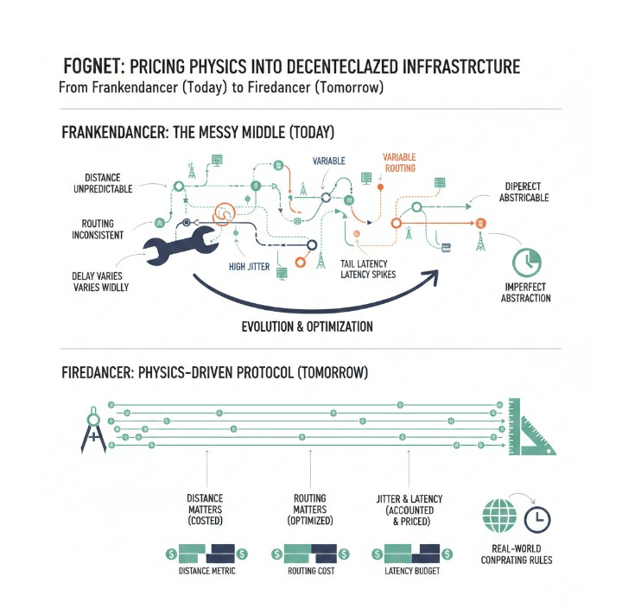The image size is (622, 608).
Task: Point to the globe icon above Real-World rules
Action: click(498, 518)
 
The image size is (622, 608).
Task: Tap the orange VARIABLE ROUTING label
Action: click(399, 162)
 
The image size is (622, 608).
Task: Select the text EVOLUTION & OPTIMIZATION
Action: click(307, 326)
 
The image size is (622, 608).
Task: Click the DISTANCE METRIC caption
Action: click(206, 571)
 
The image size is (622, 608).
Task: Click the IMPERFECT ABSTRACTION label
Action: click(525, 292)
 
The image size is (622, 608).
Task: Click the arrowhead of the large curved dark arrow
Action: click(429, 278)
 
